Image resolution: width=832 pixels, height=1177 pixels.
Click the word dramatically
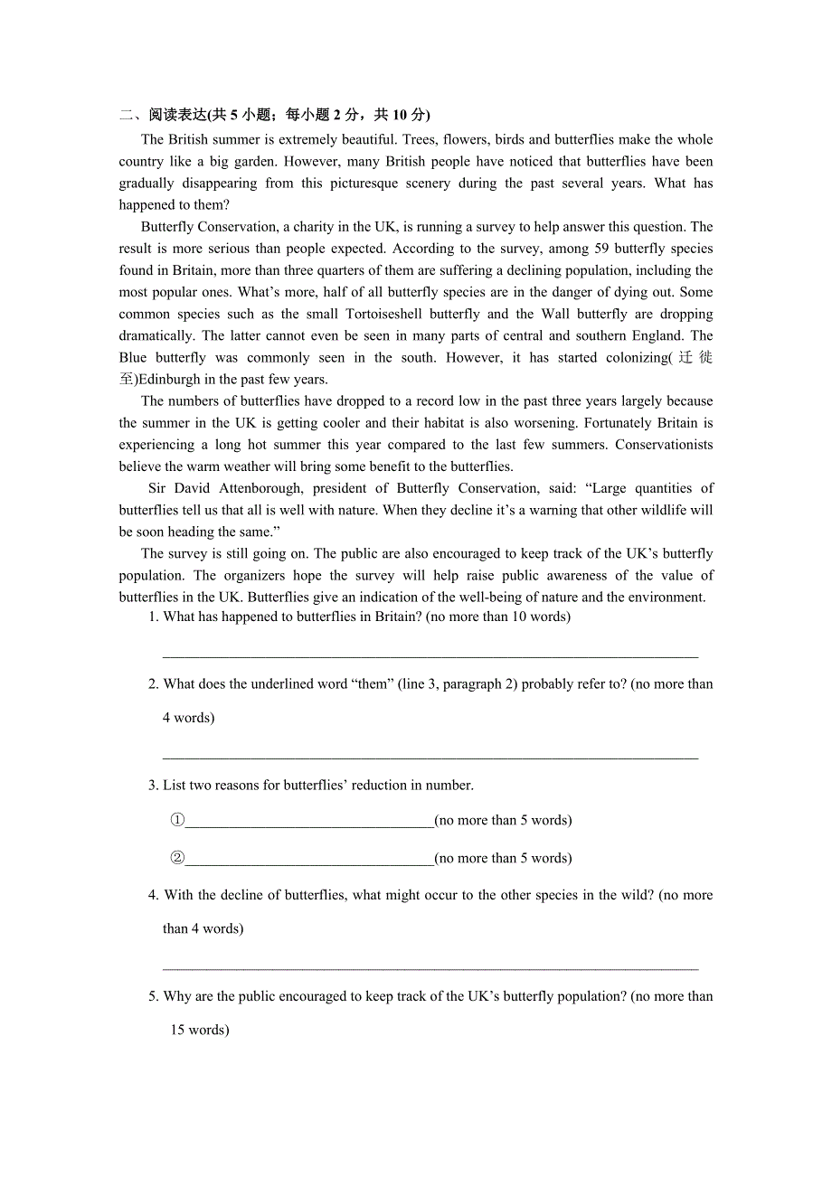(x=157, y=335)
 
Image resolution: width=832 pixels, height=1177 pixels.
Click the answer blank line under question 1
(x=430, y=655)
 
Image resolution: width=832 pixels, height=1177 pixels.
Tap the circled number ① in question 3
(x=177, y=821)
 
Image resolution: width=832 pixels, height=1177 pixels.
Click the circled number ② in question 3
(x=177, y=859)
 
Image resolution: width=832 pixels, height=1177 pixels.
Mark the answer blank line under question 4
(x=430, y=967)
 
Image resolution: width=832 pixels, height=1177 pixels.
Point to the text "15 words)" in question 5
(x=199, y=1030)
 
